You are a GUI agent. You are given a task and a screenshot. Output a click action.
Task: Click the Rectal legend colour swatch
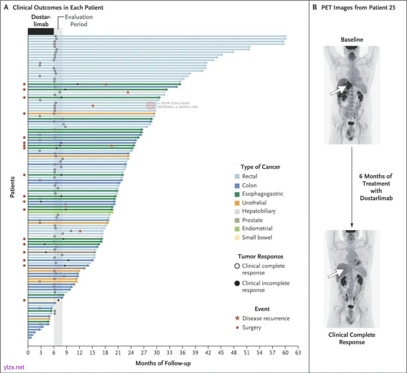pyautogui.click(x=237, y=177)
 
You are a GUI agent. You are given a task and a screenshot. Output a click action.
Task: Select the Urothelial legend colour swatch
pyautogui.click(x=237, y=203)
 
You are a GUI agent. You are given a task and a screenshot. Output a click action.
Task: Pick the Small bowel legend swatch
pyautogui.click(x=237, y=238)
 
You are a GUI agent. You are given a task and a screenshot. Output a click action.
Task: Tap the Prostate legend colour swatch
pyautogui.click(x=237, y=220)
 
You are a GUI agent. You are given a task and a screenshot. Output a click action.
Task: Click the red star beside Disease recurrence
pyautogui.click(x=237, y=318)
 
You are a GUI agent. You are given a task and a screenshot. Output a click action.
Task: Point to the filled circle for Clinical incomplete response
pyautogui.click(x=237, y=283)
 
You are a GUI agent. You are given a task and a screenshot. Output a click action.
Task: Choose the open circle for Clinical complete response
pyautogui.click(x=237, y=266)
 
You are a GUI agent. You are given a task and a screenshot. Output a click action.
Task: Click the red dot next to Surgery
pyautogui.click(x=237, y=327)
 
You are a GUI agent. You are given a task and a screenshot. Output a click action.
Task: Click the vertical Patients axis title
pyautogui.click(x=12, y=187)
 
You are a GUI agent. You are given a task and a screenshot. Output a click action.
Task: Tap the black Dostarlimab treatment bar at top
pyautogui.click(x=41, y=32)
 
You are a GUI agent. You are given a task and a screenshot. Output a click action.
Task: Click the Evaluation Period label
pyautogui.click(x=78, y=21)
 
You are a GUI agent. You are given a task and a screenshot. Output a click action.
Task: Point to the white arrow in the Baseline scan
pyautogui.click(x=338, y=90)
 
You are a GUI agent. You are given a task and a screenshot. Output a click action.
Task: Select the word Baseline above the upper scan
pyautogui.click(x=352, y=40)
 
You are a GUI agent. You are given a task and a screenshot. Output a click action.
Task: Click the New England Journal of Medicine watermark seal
pyautogui.click(x=151, y=106)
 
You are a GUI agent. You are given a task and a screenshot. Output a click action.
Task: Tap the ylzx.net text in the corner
pyautogui.click(x=14, y=367)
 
